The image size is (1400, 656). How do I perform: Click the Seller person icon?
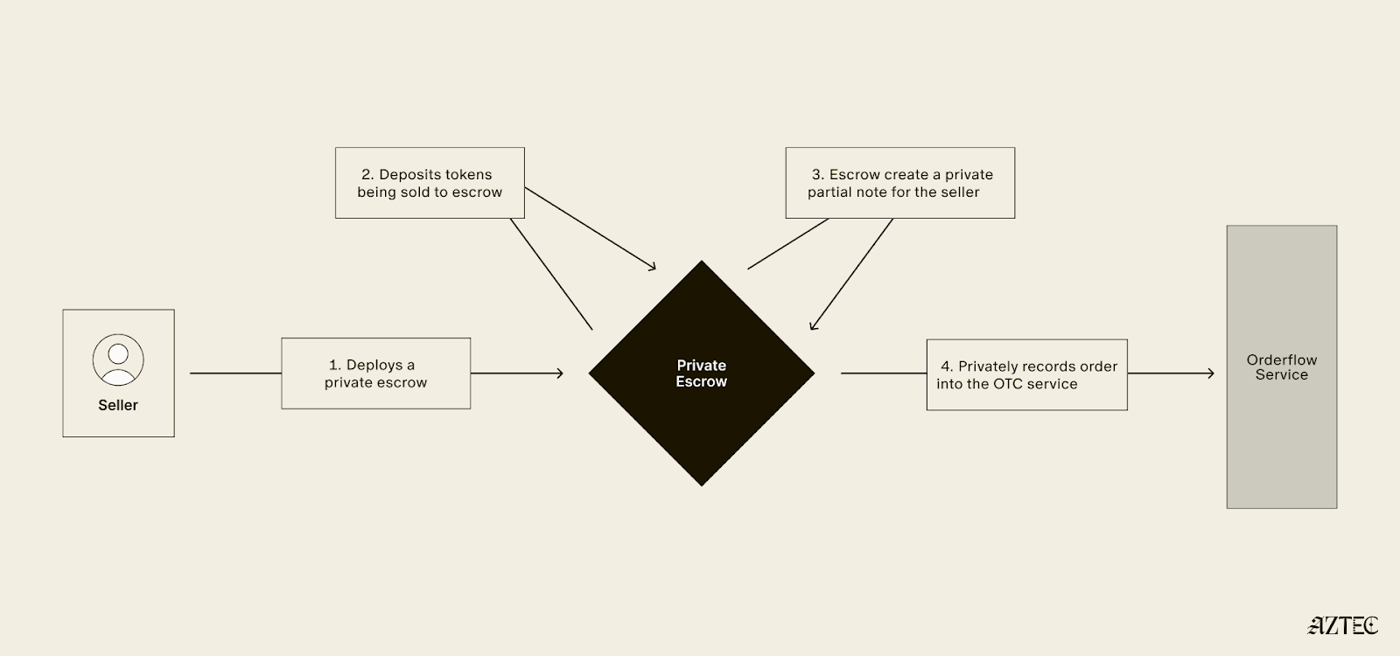tap(118, 359)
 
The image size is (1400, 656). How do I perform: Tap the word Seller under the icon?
tap(118, 405)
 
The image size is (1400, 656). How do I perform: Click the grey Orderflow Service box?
tap(1281, 437)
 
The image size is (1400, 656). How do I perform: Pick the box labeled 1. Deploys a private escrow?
tap(375, 373)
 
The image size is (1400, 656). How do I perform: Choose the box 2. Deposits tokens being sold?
tap(430, 183)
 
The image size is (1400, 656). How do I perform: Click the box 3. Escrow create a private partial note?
tap(899, 183)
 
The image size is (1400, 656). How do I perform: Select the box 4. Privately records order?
tap(1026, 374)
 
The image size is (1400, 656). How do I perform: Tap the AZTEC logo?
tap(1343, 625)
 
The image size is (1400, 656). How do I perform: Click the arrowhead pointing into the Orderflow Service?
tap(1210, 373)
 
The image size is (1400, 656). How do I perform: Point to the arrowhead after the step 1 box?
tap(559, 373)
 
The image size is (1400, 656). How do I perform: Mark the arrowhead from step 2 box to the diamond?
tap(651, 267)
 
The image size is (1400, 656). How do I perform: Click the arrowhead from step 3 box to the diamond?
tap(813, 325)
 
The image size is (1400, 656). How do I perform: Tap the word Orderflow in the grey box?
tap(1281, 359)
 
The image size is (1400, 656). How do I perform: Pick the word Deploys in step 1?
tap(374, 365)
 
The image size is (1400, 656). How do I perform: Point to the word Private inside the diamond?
tap(701, 366)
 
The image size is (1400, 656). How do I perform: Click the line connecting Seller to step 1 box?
tap(235, 373)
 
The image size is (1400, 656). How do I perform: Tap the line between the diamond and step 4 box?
tap(883, 373)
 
